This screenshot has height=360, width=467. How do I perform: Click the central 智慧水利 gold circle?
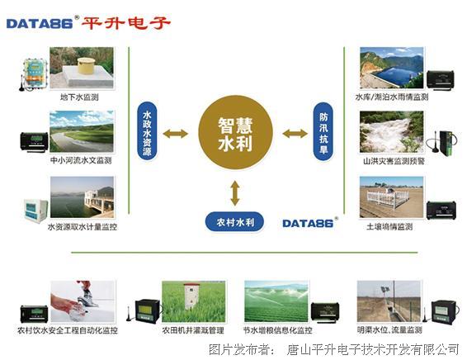pyautogui.click(x=236, y=133)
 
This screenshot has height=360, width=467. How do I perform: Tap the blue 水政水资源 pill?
pyautogui.click(x=147, y=130)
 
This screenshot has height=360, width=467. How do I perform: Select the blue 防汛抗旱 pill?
pyautogui.click(x=323, y=131)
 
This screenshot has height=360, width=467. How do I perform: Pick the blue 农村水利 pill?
pyautogui.click(x=234, y=222)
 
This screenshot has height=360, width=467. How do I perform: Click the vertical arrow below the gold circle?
pyautogui.click(x=235, y=193)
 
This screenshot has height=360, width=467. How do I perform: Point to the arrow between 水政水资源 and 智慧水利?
pyautogui.click(x=176, y=134)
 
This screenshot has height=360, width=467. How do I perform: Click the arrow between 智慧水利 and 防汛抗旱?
pyautogui.click(x=295, y=134)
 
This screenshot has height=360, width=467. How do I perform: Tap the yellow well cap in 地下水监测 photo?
pyautogui.click(x=86, y=65)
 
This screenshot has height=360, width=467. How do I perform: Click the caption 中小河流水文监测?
pyautogui.click(x=81, y=160)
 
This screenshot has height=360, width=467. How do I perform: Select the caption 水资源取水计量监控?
pyautogui.click(x=83, y=227)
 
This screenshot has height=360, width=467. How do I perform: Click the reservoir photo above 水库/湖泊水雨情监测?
pyautogui.click(x=392, y=68)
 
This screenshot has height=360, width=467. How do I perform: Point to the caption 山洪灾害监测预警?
pyautogui.click(x=394, y=161)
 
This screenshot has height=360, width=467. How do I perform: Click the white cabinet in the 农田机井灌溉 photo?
pyautogui.click(x=191, y=297)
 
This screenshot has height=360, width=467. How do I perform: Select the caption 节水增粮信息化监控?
pyautogui.click(x=278, y=330)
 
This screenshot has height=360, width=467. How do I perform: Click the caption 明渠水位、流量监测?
pyautogui.click(x=389, y=330)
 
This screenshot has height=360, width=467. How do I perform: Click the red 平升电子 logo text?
pyautogui.click(x=126, y=23)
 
